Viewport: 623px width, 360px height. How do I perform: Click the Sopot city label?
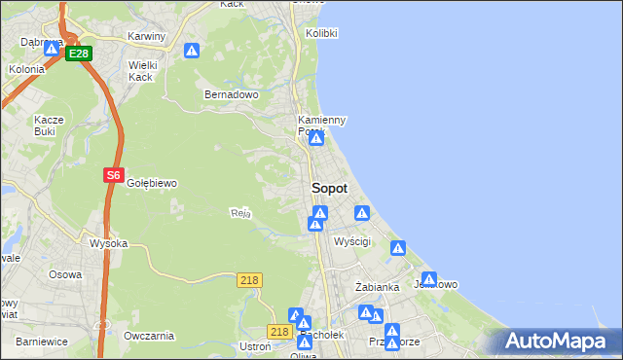(x=329, y=188)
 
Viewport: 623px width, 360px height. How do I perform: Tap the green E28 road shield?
(x=79, y=54)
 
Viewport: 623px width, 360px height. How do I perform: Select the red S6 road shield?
(x=114, y=176)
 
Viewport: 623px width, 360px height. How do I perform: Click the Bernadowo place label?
(x=231, y=95)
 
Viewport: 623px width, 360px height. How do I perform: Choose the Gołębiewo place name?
(x=152, y=183)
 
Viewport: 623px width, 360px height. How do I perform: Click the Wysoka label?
(x=108, y=243)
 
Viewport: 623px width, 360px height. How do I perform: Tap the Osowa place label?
(x=65, y=274)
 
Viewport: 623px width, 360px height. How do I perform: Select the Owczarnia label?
(x=149, y=336)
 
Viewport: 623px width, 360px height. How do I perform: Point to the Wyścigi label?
(x=352, y=240)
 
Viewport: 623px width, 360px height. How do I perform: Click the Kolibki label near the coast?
(x=321, y=33)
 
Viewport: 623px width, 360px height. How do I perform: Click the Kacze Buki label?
(x=49, y=125)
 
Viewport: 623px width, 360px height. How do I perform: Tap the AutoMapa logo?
(x=556, y=342)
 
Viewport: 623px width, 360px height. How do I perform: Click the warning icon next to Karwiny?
(x=193, y=51)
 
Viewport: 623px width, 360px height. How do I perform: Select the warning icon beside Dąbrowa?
(x=52, y=48)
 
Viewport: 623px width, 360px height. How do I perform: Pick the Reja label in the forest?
(x=240, y=212)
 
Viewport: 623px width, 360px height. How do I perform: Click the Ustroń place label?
(x=254, y=346)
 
